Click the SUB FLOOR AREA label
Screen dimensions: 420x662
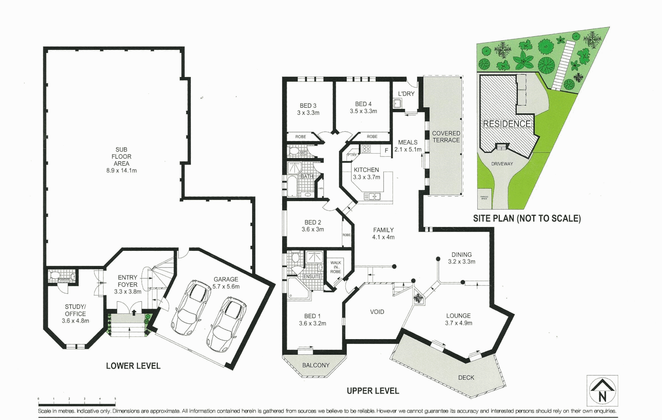[121, 160]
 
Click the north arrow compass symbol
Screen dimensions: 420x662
[602, 391]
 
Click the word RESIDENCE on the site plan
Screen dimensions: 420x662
[507, 124]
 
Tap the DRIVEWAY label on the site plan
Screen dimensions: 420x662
[502, 164]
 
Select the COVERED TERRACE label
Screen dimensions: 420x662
[446, 136]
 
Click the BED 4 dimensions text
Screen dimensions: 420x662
[363, 111]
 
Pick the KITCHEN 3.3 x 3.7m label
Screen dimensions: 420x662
[366, 173]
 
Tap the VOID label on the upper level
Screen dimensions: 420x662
[377, 312]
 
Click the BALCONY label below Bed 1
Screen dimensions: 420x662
[315, 365]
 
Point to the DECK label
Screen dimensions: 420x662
[466, 377]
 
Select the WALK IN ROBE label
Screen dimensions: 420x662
[336, 267]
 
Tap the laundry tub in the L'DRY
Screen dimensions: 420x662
[397, 104]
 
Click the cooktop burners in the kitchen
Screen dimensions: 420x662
[366, 149]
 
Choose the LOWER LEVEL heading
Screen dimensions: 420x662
[133, 366]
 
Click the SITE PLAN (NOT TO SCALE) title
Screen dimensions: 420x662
[527, 219]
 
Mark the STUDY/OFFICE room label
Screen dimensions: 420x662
[75, 314]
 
